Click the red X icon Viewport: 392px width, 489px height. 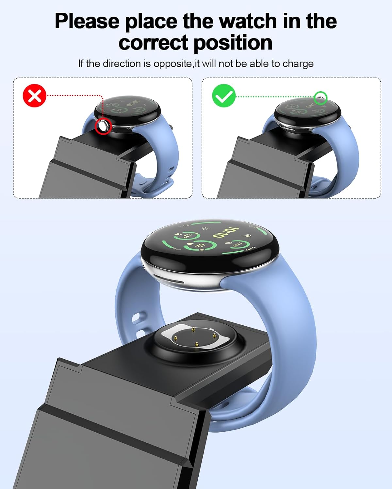[34, 96]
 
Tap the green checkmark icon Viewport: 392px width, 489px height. [224, 95]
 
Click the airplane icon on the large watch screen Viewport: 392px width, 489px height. [247, 236]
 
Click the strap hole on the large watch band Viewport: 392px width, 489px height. [139, 317]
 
